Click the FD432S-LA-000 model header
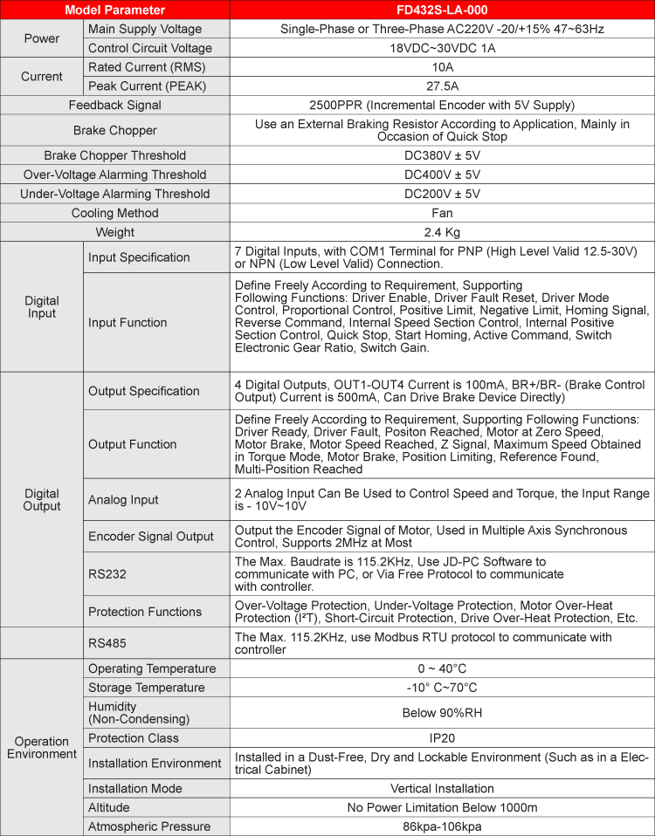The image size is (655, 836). coord(442,10)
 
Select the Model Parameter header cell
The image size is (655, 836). coord(114,10)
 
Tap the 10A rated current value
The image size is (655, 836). coord(442,67)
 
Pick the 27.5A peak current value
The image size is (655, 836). coord(442,86)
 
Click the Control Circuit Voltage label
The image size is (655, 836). coord(150,48)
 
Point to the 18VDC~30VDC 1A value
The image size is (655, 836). coord(442,48)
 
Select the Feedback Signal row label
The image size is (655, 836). coord(115,106)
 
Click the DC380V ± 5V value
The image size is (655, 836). coord(442,155)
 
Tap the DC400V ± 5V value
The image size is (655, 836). coord(442,175)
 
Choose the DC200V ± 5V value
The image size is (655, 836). coord(442,194)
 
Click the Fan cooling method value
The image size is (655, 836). coord(442,213)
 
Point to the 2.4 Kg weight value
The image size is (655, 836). coord(442,232)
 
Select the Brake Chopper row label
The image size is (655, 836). coord(115,130)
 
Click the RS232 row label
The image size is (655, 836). coord(106,574)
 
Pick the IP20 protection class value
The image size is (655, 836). coord(442,738)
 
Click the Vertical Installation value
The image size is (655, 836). coord(442,788)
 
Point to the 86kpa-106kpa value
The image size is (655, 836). coord(442,826)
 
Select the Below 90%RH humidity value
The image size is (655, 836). coord(442,713)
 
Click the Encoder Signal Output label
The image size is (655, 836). coord(151,537)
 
